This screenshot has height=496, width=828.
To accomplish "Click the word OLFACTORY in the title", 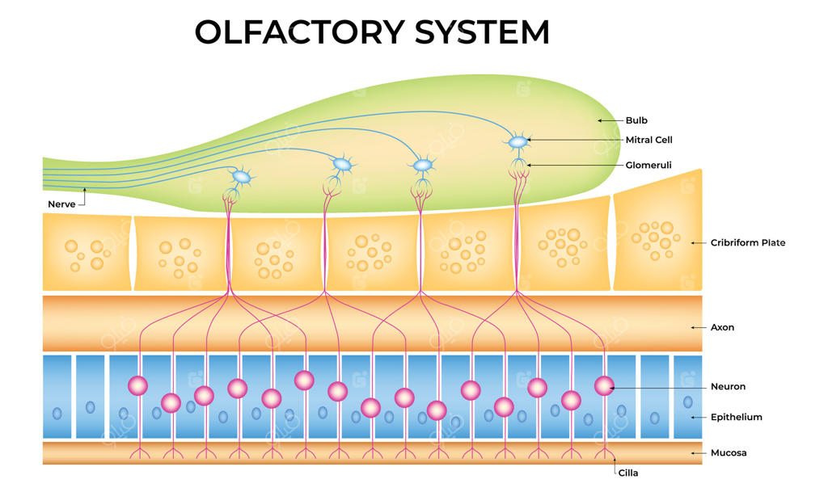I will [x=300, y=32].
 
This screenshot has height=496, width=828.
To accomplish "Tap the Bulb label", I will [x=636, y=120].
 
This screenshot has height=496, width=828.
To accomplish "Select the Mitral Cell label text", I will [x=648, y=140].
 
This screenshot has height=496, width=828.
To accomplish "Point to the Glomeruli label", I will [x=648, y=165].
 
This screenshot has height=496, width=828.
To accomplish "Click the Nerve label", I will [x=61, y=204].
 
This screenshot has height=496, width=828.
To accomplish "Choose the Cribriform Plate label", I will [x=748, y=242].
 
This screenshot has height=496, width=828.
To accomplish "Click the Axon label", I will [x=722, y=327].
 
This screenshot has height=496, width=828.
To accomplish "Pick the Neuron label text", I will [x=727, y=387].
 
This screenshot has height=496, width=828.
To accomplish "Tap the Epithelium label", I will [x=736, y=417].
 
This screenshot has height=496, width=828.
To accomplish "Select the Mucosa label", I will [x=729, y=452].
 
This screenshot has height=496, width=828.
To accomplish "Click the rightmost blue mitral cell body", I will [x=517, y=142].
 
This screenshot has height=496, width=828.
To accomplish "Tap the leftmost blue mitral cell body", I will [x=241, y=176].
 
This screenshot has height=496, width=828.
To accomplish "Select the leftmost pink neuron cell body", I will [x=137, y=385].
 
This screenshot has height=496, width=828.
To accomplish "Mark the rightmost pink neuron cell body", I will [x=604, y=386].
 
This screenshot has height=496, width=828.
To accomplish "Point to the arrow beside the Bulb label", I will [x=609, y=120].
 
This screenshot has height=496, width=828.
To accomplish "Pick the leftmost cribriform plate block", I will [x=87, y=251].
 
